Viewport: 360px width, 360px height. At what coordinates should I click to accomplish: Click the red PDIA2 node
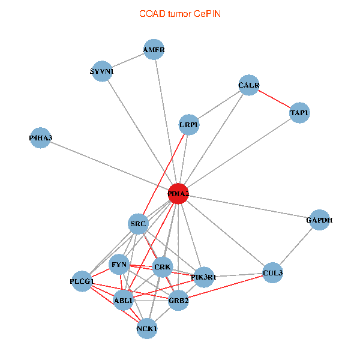tap(178, 194)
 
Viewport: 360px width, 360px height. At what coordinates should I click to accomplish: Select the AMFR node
tap(154, 49)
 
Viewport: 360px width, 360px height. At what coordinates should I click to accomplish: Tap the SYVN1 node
tap(102, 71)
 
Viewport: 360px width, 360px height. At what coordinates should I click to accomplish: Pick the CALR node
tap(249, 85)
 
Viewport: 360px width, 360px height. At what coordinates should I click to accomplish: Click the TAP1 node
tap(299, 113)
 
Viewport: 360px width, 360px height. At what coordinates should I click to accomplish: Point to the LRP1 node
tap(189, 125)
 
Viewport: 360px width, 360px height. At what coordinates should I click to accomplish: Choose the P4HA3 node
tap(40, 138)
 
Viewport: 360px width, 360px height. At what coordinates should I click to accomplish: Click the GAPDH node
tap(319, 220)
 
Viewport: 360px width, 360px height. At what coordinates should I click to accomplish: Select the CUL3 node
tap(272, 273)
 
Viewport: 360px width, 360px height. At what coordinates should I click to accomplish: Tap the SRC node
tap(138, 224)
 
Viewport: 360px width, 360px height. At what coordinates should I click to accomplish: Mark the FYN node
tap(119, 265)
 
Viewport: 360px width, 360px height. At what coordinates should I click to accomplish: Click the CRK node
tap(163, 267)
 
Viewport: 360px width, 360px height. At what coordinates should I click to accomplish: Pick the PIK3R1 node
tap(204, 277)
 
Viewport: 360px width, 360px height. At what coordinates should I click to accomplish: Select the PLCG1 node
tap(82, 281)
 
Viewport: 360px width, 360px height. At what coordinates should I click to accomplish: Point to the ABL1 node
tap(123, 301)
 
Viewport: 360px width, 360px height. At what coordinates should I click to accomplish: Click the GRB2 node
tap(178, 301)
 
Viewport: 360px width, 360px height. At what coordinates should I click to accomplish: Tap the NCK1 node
tap(147, 329)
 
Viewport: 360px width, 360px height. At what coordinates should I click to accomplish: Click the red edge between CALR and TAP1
tap(274, 99)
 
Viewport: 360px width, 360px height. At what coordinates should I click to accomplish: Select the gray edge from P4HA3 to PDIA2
tap(109, 166)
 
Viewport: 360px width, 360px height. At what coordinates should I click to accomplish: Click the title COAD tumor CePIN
tap(180, 14)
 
